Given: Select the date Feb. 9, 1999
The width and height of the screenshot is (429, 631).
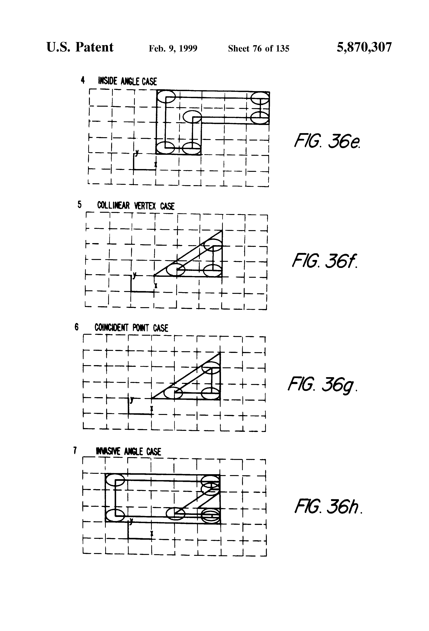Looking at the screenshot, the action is tap(173, 49).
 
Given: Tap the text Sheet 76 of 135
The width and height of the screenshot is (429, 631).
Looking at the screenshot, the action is tap(259, 49).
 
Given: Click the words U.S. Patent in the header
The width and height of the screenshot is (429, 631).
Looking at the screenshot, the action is tap(80, 47).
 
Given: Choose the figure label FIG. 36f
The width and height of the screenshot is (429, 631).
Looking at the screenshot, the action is tap(325, 261).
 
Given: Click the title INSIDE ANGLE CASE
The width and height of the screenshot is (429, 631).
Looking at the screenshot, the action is tap(127, 81).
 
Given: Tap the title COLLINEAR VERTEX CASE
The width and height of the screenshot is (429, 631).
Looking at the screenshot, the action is tap(136, 206).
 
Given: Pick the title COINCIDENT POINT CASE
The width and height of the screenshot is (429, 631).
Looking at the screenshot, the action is tap(131, 328).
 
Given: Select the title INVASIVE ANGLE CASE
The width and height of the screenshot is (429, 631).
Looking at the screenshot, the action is tap(129, 452).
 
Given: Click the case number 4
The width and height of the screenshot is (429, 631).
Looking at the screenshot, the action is tap(83, 80).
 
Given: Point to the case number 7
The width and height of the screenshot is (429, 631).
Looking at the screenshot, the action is tap(75, 451).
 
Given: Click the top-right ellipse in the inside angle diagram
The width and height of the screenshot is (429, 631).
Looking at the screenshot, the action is tap(259, 98).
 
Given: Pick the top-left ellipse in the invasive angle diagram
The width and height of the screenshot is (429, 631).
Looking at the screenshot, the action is tap(115, 480).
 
